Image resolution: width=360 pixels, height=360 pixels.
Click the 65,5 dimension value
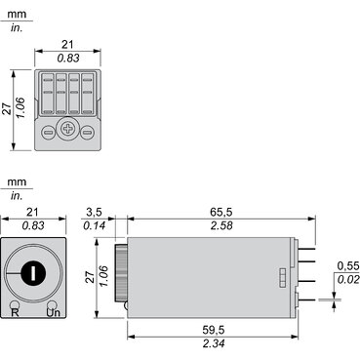click(x=221, y=213)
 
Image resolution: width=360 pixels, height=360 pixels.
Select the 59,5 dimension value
click(x=214, y=331)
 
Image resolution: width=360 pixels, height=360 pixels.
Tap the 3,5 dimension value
click(x=94, y=213)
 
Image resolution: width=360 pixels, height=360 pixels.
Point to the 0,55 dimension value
click(x=348, y=266)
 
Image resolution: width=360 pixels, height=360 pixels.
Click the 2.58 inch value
click(x=221, y=225)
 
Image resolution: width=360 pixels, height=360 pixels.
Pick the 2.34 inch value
click(x=214, y=343)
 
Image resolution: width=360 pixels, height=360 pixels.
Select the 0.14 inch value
click(x=95, y=225)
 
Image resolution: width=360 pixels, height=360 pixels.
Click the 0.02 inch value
click(x=348, y=279)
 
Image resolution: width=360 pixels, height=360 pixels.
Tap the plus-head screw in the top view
click(x=67, y=129)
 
